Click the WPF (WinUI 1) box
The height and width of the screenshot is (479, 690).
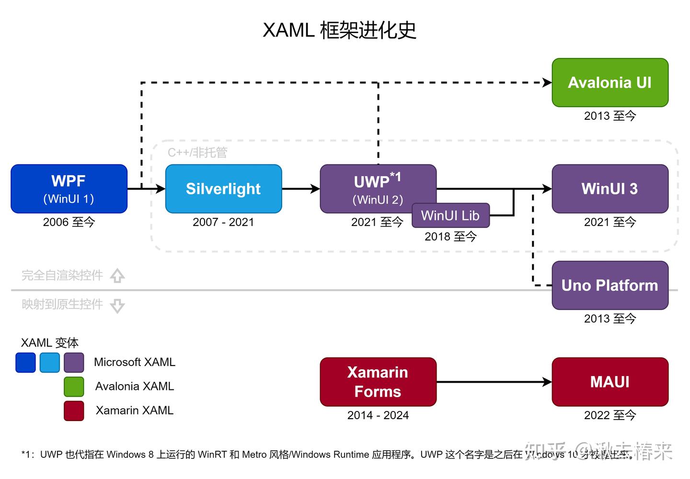(69, 189)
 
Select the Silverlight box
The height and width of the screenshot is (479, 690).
(223, 189)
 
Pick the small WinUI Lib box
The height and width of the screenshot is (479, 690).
(450, 216)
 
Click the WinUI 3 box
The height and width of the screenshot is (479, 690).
(610, 189)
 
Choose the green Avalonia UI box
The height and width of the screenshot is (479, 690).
(610, 82)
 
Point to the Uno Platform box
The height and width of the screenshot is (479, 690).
(610, 285)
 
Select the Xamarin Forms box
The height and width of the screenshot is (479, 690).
(378, 382)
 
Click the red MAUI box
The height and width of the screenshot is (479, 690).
(610, 382)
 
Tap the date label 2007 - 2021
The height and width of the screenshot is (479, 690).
(223, 222)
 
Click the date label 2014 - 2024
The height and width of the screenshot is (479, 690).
(378, 415)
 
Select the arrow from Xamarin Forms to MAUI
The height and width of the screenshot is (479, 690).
(494, 382)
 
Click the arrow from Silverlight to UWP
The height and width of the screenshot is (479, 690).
(300, 189)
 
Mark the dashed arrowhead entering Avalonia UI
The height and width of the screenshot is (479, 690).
(547, 82)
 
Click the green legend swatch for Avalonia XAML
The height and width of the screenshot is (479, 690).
(74, 387)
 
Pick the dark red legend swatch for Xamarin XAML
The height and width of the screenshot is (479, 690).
(74, 411)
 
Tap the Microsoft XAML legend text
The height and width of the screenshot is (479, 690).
(134, 362)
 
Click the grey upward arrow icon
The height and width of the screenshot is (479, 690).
(117, 276)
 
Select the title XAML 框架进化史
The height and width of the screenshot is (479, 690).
(339, 30)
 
